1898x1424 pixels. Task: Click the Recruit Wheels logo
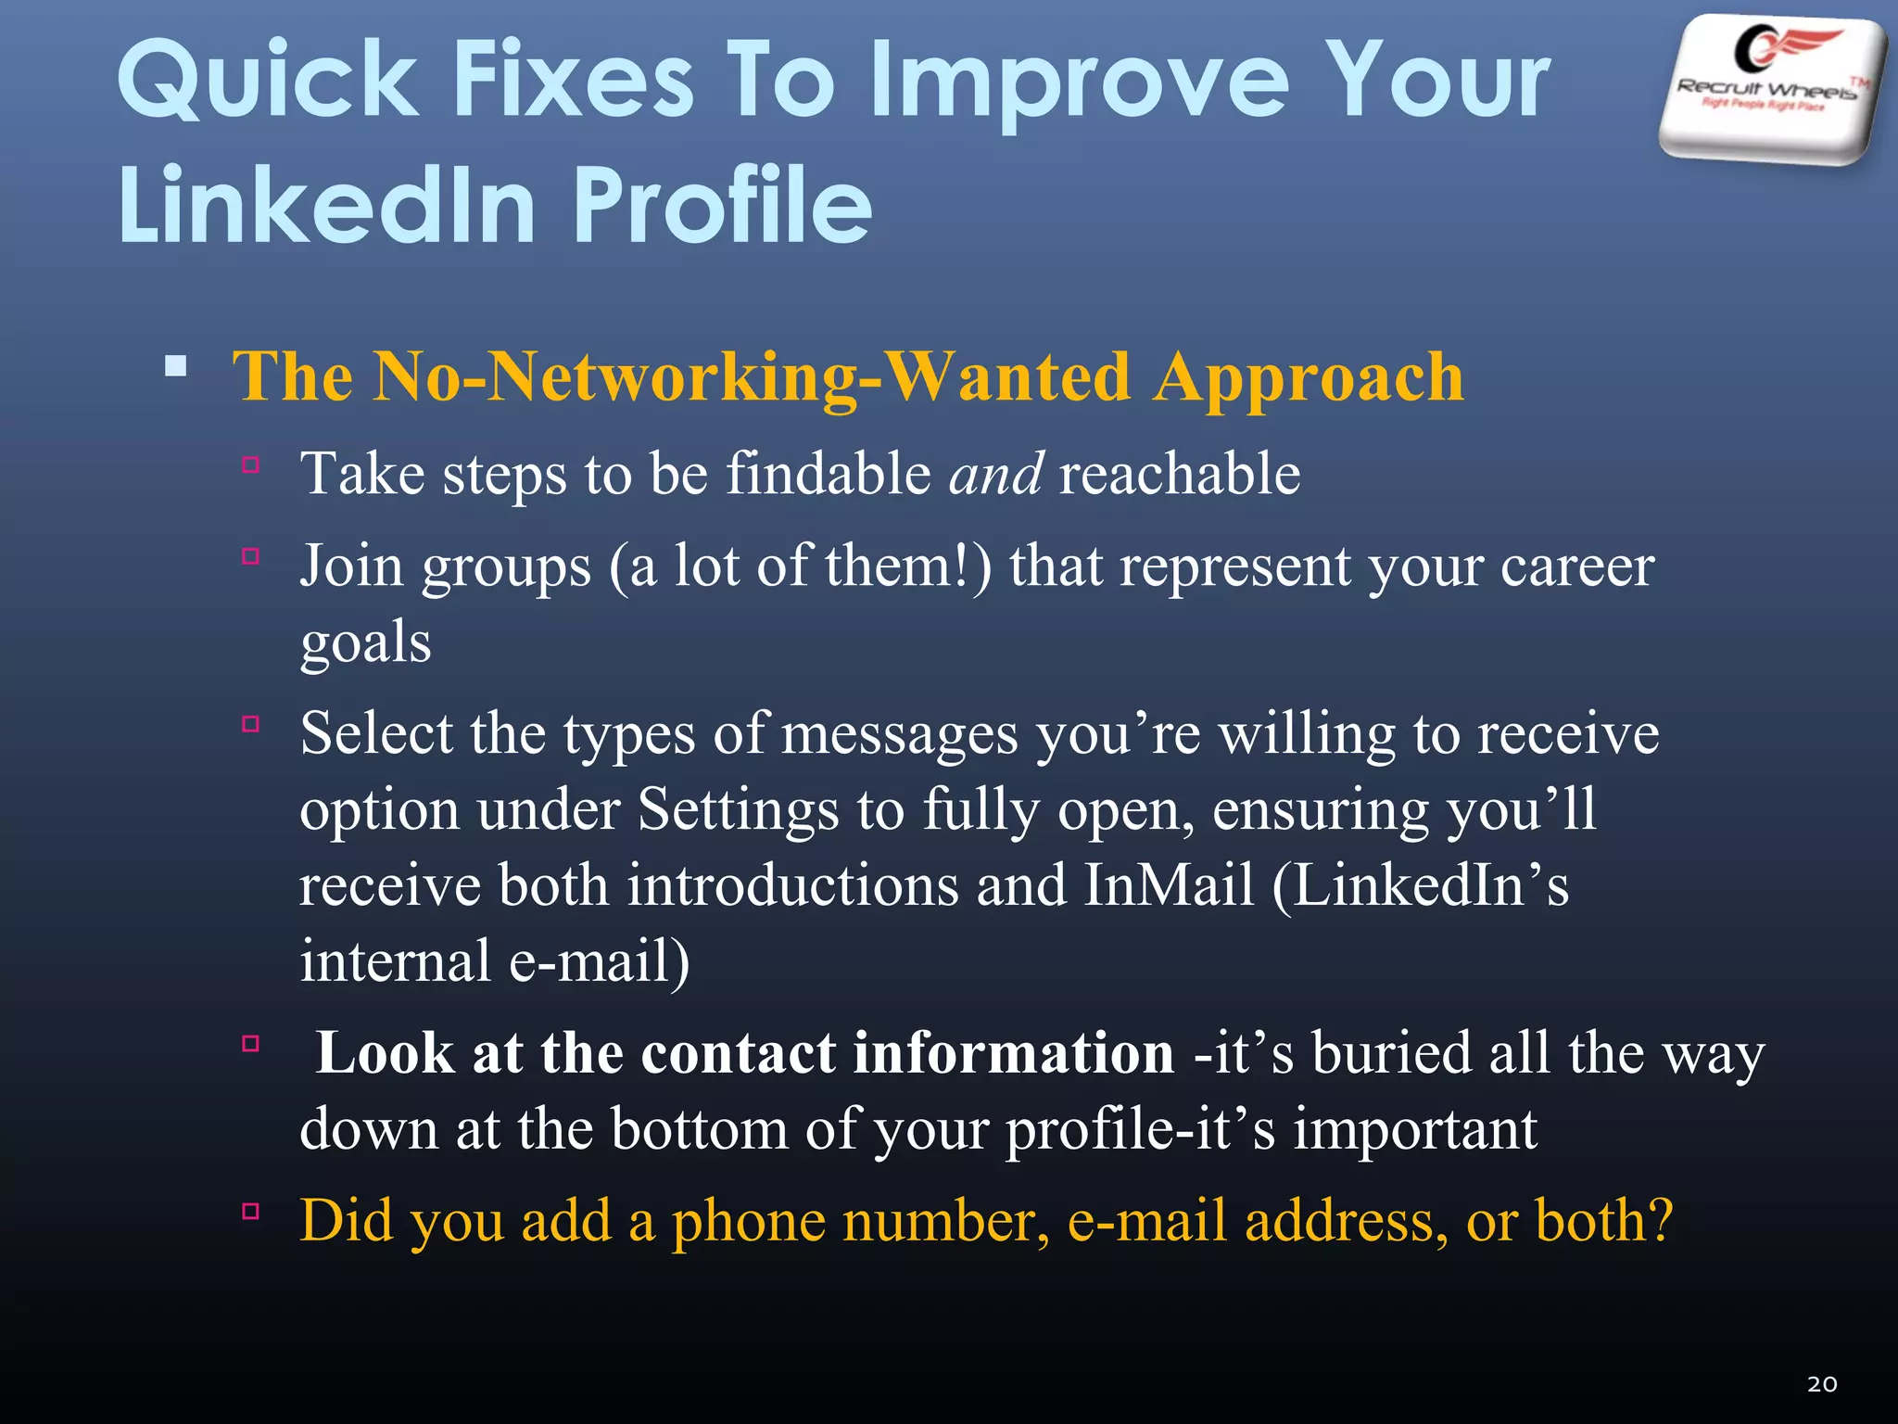(x=1772, y=88)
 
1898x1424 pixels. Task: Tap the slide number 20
(x=1822, y=1384)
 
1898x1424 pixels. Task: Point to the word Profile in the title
(x=723, y=205)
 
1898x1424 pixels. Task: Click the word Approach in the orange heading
(x=1309, y=378)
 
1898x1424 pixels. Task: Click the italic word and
(x=995, y=474)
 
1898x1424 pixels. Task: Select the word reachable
(x=1179, y=474)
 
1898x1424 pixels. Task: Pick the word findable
(x=828, y=474)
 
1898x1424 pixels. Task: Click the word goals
(x=366, y=643)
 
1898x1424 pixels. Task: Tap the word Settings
(x=738, y=809)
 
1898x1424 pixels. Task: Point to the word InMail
(x=1169, y=885)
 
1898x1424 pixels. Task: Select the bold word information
(x=1014, y=1053)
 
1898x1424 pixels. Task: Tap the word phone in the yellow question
(x=747, y=1221)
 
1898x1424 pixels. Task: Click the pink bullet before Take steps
(x=250, y=464)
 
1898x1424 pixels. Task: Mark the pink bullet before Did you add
(x=250, y=1211)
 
